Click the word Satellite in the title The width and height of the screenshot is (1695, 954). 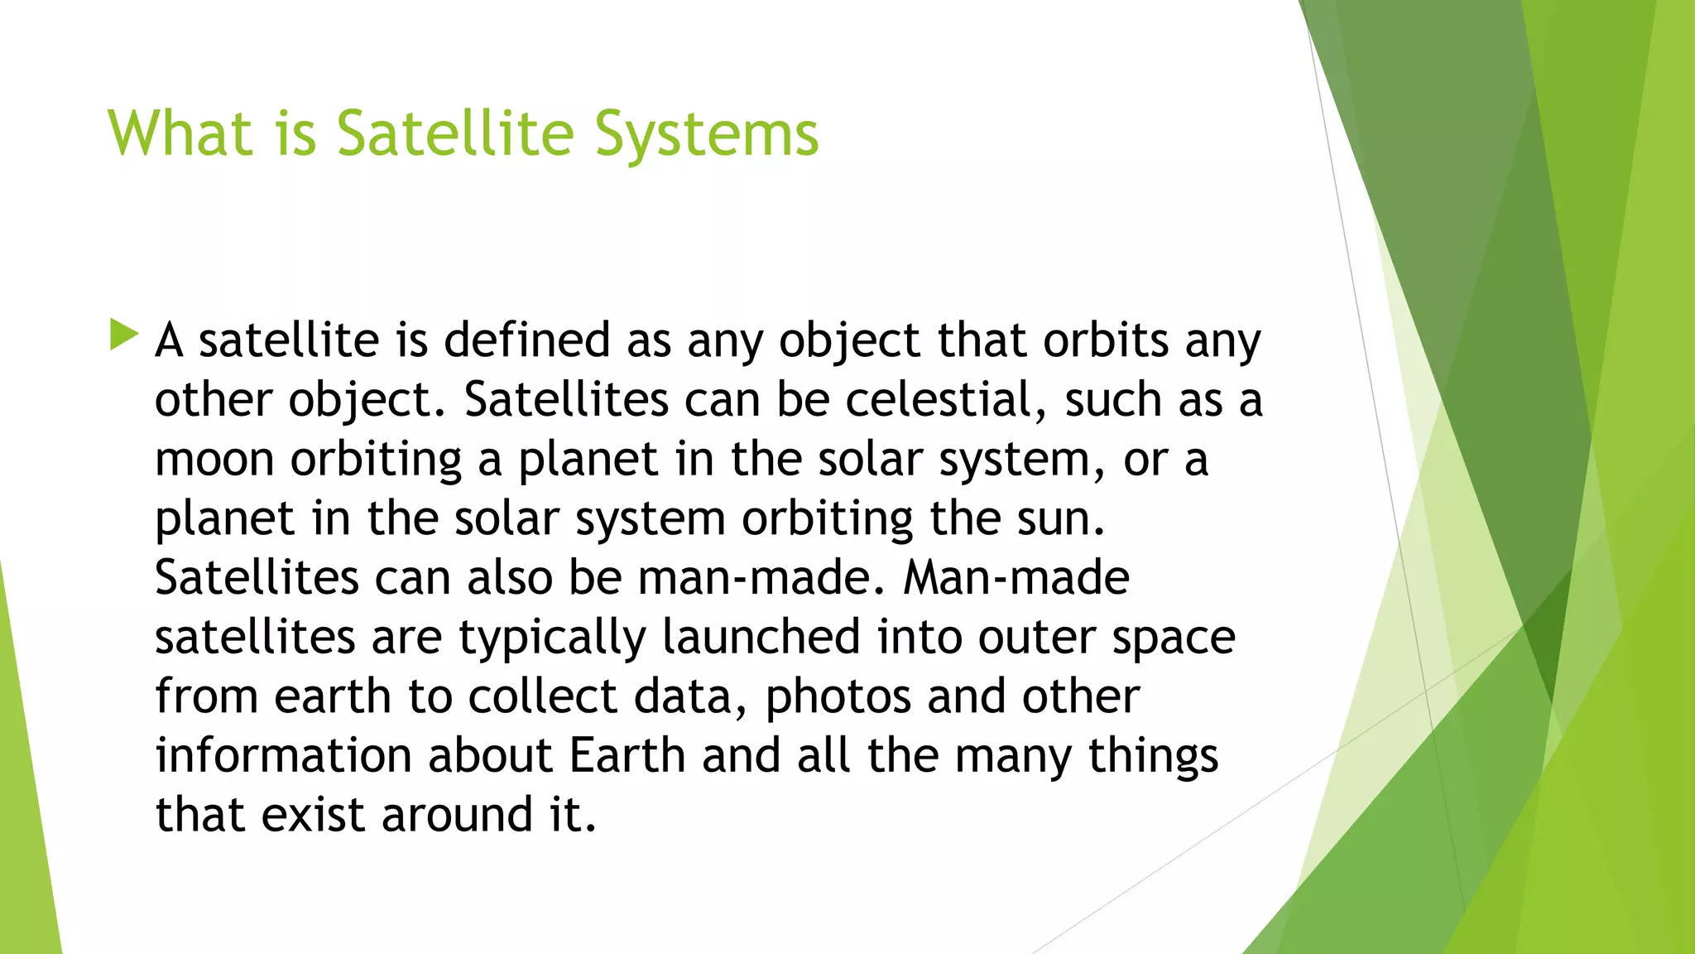(x=454, y=133)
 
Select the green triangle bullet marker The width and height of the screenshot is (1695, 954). (x=123, y=335)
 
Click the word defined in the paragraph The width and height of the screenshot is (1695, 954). (x=527, y=340)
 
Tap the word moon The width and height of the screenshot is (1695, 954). (x=214, y=460)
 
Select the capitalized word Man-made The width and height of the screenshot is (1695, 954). (x=1016, y=577)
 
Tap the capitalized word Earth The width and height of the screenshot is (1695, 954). (x=627, y=756)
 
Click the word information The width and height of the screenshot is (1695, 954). (x=283, y=756)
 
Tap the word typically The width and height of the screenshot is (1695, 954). (x=553, y=638)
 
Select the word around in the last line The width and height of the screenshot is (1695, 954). (x=458, y=815)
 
